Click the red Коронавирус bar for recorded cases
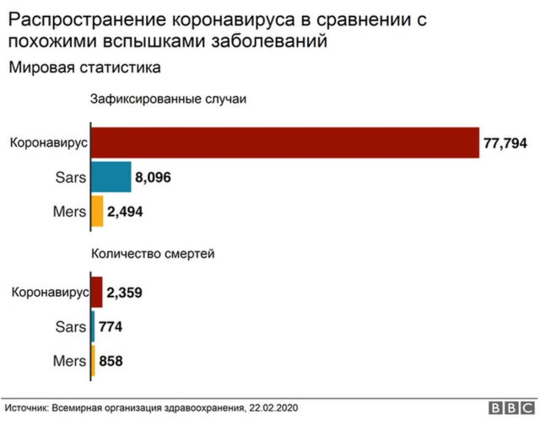(284, 143)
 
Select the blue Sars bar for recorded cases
(111, 177)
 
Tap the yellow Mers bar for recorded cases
(97, 211)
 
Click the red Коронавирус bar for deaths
(96, 293)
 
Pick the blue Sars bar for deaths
(93, 326)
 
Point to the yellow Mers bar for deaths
(93, 360)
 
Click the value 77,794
(505, 143)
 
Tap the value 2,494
(126, 212)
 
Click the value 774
(111, 327)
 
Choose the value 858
(111, 361)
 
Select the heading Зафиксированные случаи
(168, 99)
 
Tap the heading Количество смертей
(153, 251)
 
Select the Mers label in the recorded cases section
(69, 212)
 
